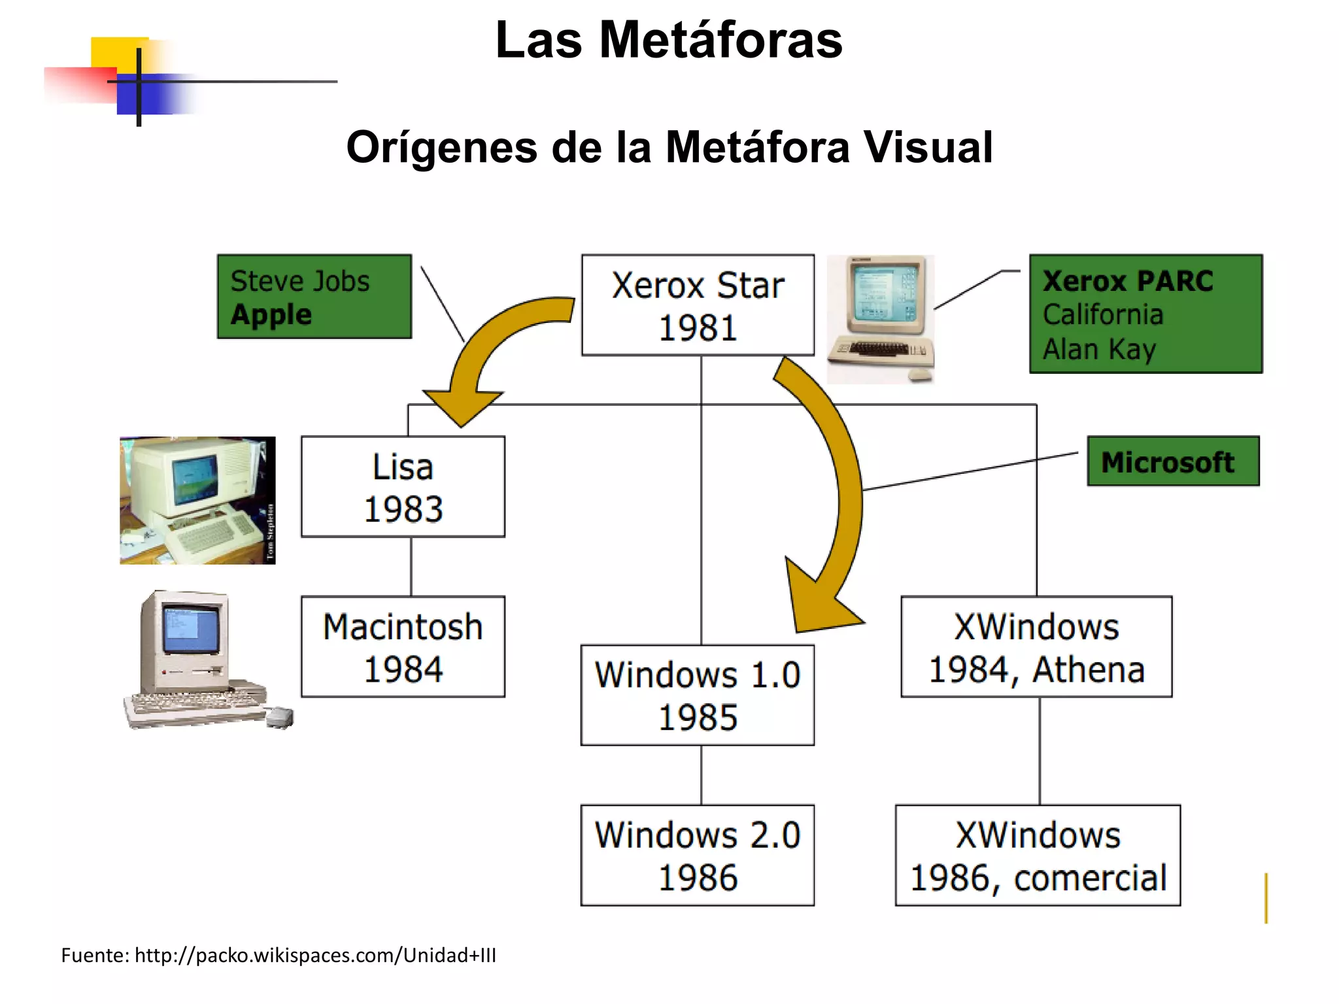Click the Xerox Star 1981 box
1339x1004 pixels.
pos(698,305)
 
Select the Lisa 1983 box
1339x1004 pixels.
pos(403,487)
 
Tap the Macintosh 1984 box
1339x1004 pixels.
pos(403,646)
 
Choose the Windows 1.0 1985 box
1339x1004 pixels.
pos(698,695)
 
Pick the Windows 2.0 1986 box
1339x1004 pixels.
pos(698,855)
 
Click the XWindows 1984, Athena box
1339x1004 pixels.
pos(1036,646)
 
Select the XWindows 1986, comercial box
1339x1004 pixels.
pos(1038,855)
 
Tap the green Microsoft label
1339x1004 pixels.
pos(1173,461)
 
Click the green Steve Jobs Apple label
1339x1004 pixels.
pos(314,297)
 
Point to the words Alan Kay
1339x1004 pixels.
pos(1099,349)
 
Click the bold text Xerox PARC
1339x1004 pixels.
pos(1128,281)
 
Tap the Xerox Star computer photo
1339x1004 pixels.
pos(881,319)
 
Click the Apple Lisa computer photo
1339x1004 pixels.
pos(197,500)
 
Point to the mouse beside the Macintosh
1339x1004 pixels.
pos(280,716)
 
